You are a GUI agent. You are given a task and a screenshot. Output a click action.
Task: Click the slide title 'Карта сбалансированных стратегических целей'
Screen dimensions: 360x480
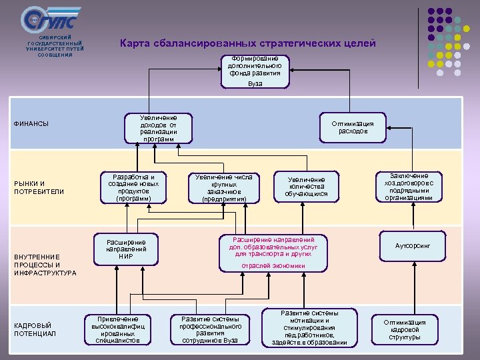tap(247, 43)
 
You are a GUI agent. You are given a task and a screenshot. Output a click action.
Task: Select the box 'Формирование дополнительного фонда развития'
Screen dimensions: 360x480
tap(255, 71)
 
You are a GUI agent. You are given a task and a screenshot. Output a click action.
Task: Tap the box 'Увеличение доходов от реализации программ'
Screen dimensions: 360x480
tap(159, 128)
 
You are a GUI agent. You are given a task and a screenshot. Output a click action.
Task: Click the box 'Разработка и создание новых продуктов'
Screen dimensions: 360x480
tap(133, 189)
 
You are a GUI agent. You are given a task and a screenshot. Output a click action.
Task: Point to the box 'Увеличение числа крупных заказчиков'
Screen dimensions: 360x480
tap(224, 189)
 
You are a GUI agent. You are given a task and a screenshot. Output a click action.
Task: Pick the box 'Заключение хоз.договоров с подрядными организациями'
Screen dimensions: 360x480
tap(409, 187)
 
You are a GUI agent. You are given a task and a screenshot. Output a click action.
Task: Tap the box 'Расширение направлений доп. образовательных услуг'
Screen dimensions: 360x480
tap(273, 252)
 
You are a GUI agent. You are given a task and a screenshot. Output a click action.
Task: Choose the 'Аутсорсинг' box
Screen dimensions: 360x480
tap(413, 246)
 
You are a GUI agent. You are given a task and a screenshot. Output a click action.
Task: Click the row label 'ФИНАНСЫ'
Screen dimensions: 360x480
tap(31, 124)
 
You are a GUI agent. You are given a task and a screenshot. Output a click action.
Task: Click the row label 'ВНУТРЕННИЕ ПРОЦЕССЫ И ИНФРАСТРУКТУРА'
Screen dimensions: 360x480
tap(45, 265)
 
